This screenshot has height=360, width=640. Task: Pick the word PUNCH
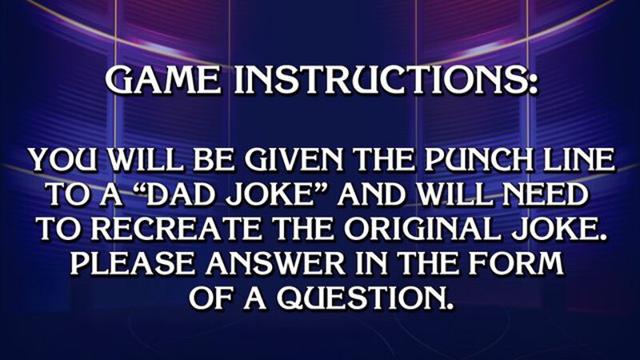[455, 161]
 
